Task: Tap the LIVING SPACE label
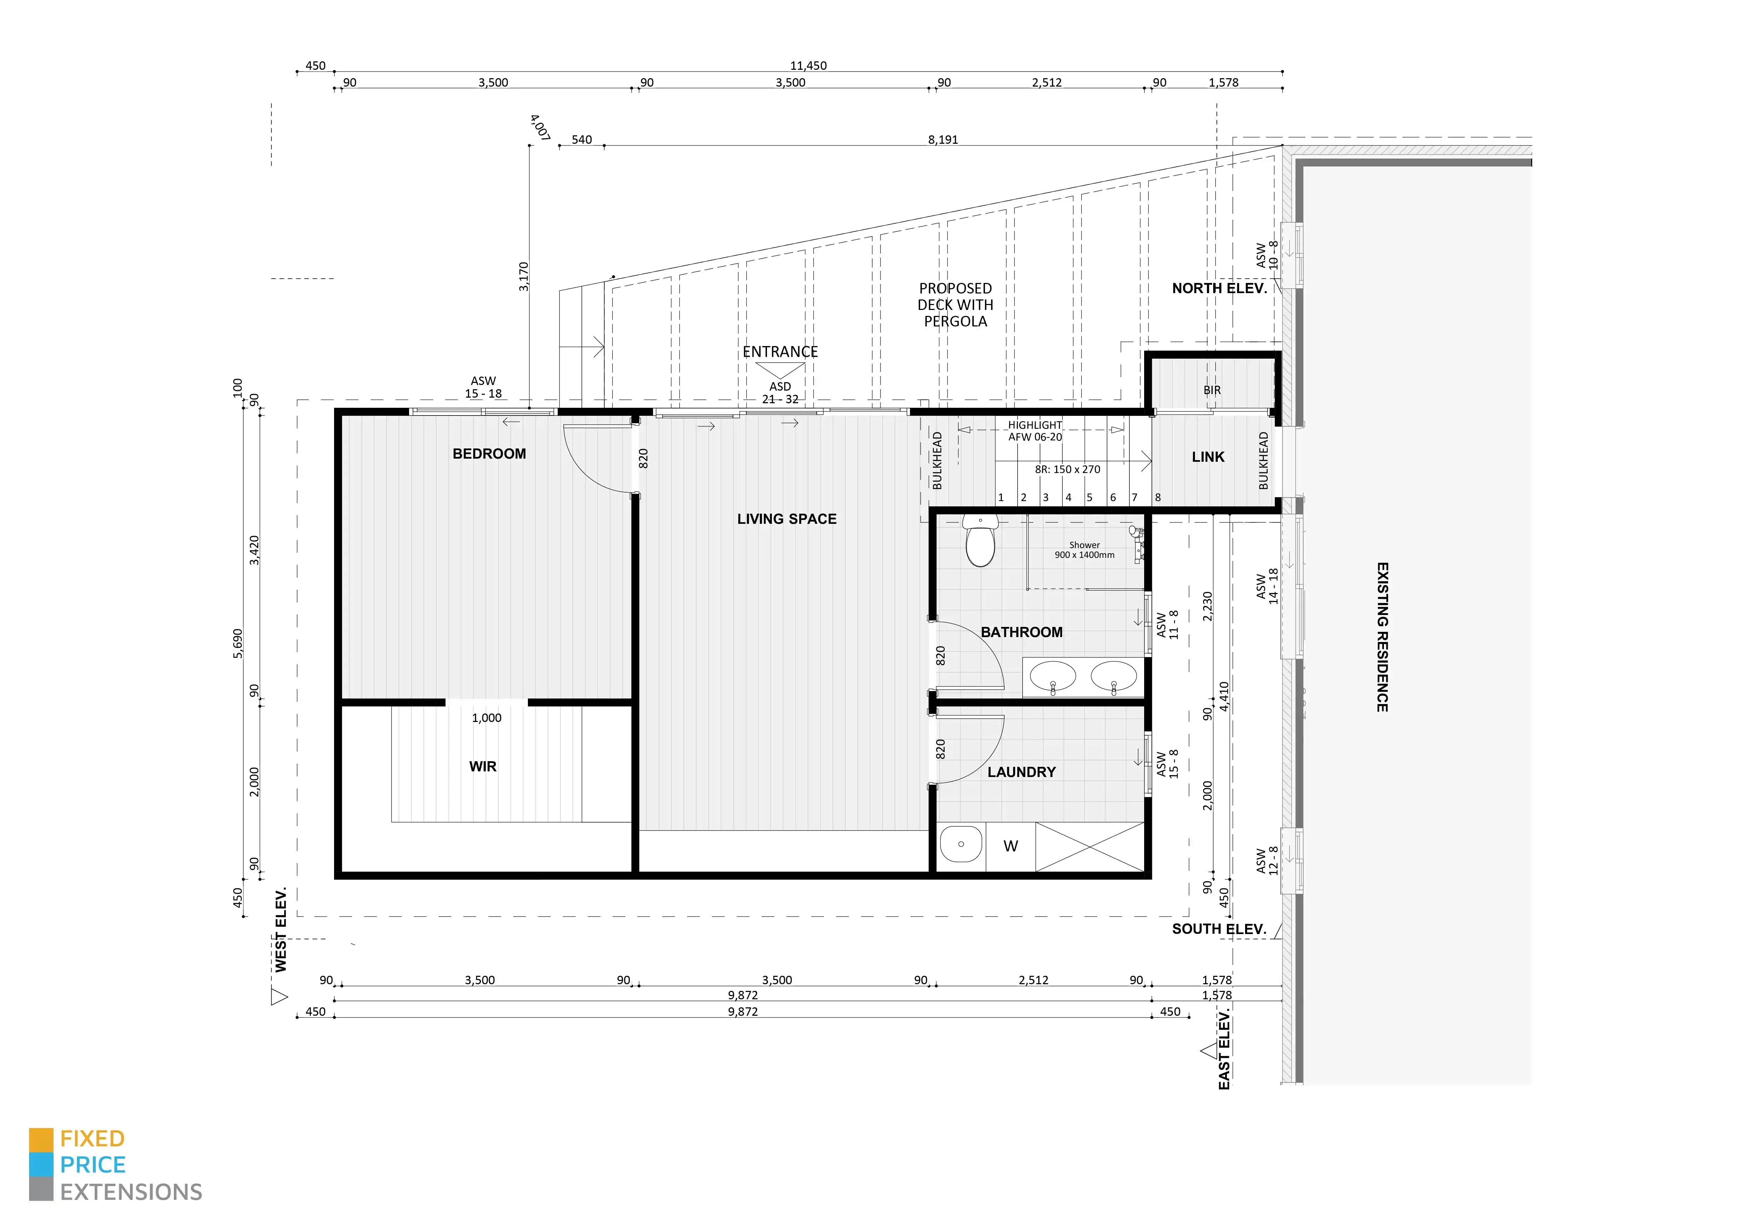(787, 519)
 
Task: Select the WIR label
(482, 766)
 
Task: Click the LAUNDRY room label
(1021, 772)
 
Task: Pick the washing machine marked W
(1010, 846)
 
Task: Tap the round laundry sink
(961, 844)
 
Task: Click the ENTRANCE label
(780, 351)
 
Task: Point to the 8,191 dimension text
(943, 139)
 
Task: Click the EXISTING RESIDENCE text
(1381, 637)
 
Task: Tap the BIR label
(1212, 390)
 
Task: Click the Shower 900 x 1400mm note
(1085, 550)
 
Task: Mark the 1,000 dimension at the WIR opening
(486, 718)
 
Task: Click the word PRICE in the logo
(93, 1165)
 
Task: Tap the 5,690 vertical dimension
(238, 644)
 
